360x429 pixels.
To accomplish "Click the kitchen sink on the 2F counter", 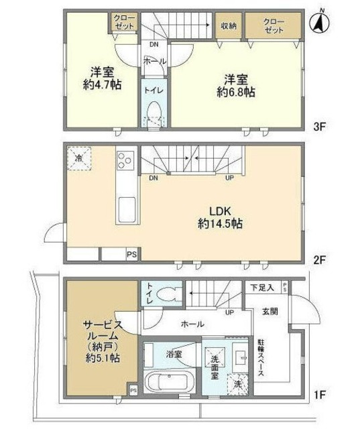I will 125,211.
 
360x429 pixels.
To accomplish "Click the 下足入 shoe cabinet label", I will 261,288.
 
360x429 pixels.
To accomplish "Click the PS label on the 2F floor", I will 131,254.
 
